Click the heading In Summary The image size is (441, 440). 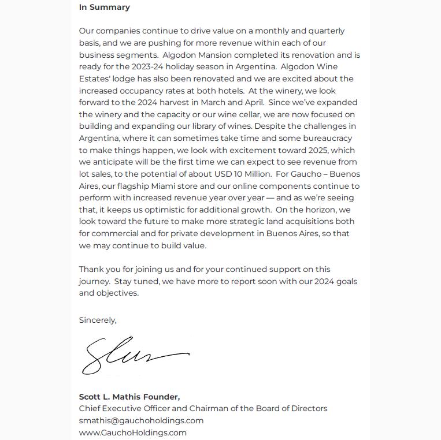coord(105,8)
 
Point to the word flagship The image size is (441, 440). coord(134,186)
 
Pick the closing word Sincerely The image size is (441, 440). coord(98,320)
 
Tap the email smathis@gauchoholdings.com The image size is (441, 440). coord(141,420)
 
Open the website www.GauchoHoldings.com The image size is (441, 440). coord(133,432)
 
